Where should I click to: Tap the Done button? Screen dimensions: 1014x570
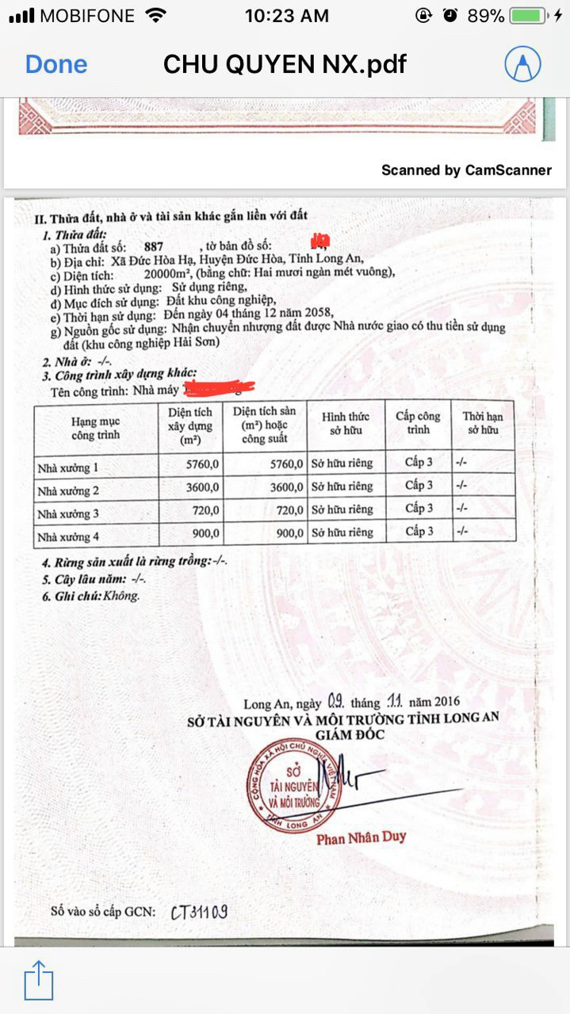(x=56, y=64)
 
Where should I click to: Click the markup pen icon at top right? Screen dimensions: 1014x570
(x=522, y=64)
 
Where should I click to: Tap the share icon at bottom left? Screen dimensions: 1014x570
(x=38, y=980)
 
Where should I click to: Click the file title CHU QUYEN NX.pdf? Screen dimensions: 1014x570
(x=285, y=64)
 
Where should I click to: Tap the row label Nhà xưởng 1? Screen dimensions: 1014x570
(x=68, y=467)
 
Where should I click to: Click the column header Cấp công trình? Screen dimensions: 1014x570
(x=418, y=423)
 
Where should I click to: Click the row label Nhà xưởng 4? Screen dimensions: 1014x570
(x=68, y=536)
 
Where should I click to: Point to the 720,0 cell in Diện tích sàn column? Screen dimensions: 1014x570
(x=287, y=510)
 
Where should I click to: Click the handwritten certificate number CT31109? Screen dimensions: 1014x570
(x=199, y=912)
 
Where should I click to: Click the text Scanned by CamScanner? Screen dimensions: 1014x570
(x=466, y=170)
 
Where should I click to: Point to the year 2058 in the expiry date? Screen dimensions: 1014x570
(x=297, y=313)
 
